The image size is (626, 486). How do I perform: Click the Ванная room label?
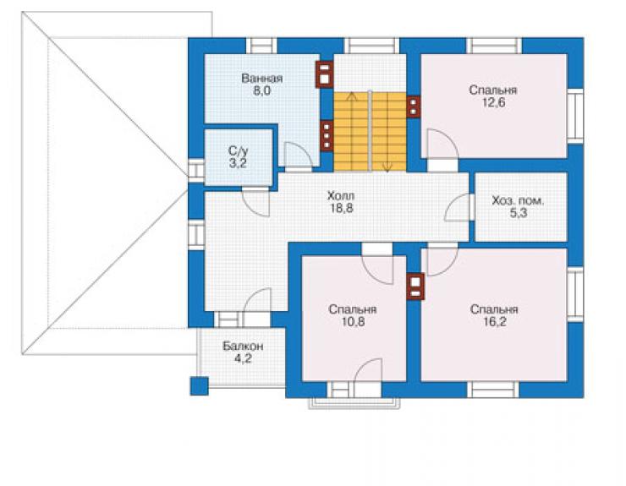(262, 79)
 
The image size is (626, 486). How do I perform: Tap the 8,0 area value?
(261, 91)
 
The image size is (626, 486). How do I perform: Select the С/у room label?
(238, 150)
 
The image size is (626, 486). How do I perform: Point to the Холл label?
(341, 196)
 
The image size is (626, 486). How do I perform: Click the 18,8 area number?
(341, 208)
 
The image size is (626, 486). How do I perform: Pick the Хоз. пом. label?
(518, 200)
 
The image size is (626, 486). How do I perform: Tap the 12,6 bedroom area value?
(493, 102)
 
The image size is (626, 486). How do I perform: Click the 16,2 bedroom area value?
(494, 322)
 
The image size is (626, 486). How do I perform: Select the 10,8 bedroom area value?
(353, 322)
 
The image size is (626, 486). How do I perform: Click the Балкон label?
(243, 346)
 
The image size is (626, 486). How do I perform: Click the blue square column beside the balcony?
(199, 386)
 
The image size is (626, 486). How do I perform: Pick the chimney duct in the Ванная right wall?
(325, 74)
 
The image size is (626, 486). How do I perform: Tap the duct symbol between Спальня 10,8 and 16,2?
(415, 287)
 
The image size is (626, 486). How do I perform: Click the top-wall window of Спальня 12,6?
(494, 46)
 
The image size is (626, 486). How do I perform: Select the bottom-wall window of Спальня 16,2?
(493, 390)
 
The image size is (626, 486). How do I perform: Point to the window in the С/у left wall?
(196, 171)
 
